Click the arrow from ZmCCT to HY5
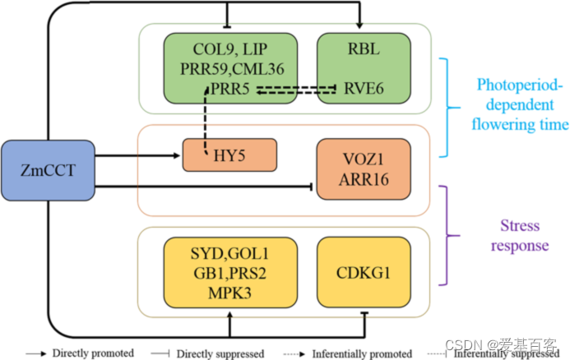[140, 153]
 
